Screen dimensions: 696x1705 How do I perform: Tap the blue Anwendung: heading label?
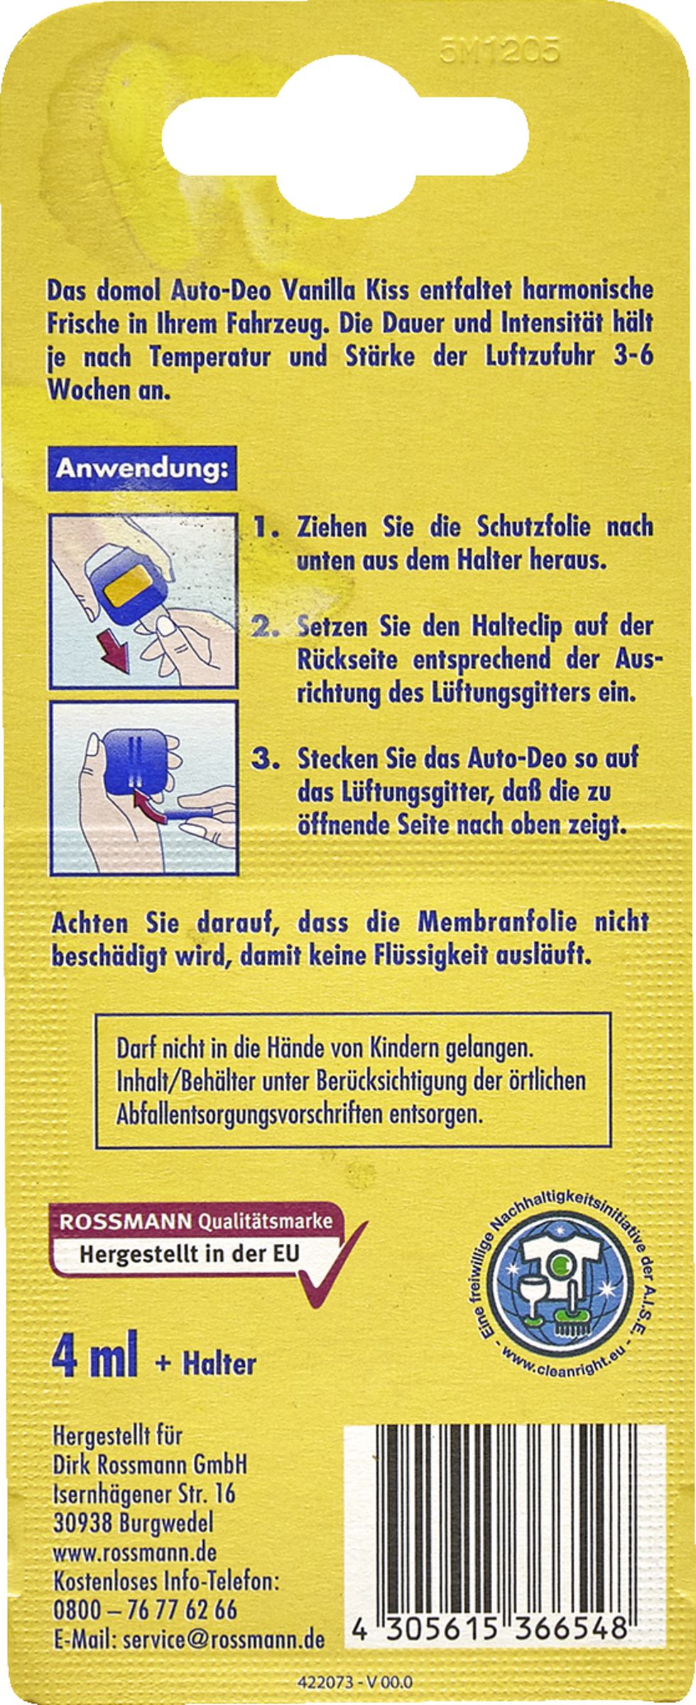point(142,468)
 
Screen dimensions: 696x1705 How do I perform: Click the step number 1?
point(265,527)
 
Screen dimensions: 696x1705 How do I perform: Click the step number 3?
point(265,759)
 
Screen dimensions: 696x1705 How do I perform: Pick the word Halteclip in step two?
point(516,627)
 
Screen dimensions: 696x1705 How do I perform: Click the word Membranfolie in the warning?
point(496,922)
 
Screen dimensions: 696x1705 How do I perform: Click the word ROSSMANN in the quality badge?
point(125,1222)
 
